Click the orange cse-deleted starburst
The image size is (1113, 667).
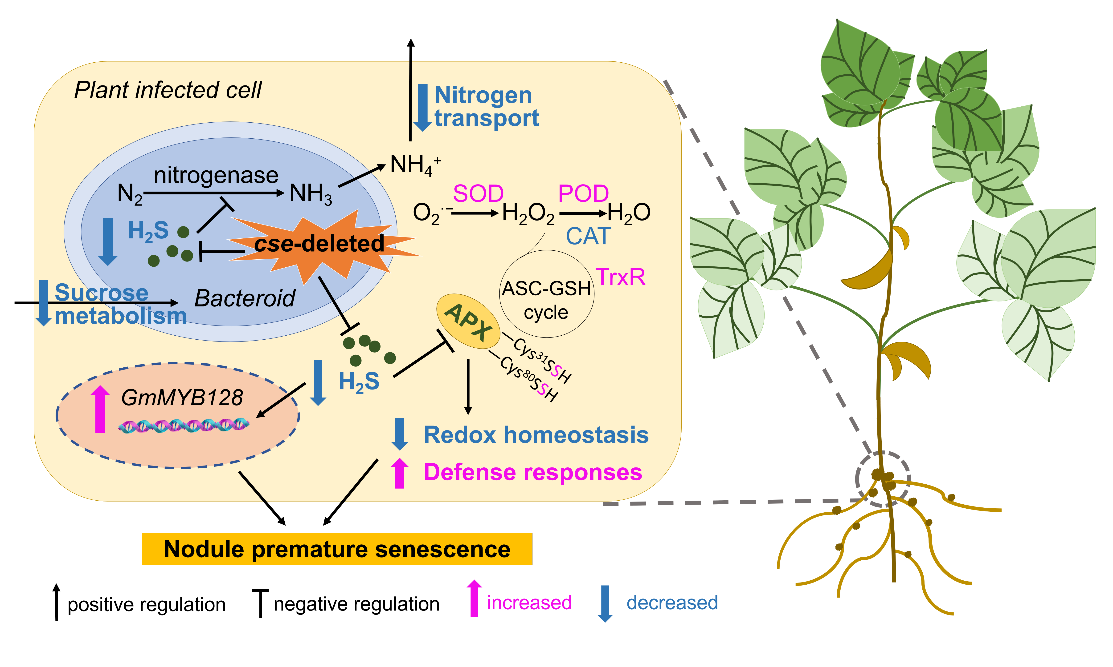click(319, 245)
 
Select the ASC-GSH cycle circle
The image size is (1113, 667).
click(547, 294)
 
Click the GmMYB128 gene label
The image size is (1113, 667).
click(182, 398)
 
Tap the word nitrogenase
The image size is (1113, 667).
click(216, 175)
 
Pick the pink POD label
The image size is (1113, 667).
click(584, 194)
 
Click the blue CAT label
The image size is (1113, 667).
click(589, 236)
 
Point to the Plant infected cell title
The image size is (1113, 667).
click(167, 90)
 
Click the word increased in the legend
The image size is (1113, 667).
click(529, 603)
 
